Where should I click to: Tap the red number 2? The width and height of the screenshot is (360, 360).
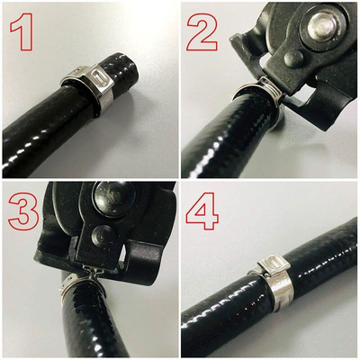202,32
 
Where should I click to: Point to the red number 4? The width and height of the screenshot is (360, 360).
202,211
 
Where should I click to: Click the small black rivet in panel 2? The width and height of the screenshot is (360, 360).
293,58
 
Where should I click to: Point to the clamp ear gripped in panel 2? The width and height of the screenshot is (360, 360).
271,87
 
